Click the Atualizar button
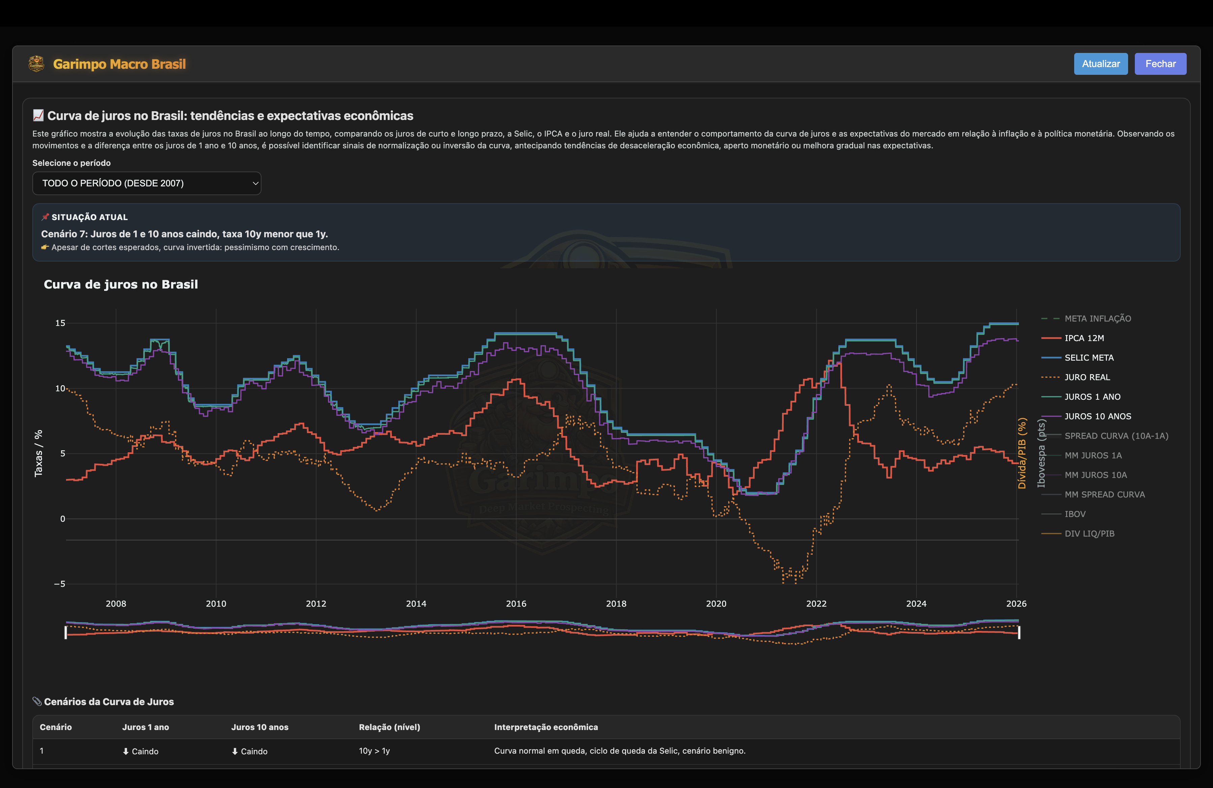1100,64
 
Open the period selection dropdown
146,183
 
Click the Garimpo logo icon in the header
36,64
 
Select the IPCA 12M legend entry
1084,338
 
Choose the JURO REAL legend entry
1087,377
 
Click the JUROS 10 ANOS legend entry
1097,417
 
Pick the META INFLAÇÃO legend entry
1097,319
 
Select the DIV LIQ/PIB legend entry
1089,534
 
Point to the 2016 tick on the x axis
516,604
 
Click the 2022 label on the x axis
816,604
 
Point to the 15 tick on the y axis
60,323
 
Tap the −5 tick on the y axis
60,584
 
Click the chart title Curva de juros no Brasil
121,284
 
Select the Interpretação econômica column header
546,727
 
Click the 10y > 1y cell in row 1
374,751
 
